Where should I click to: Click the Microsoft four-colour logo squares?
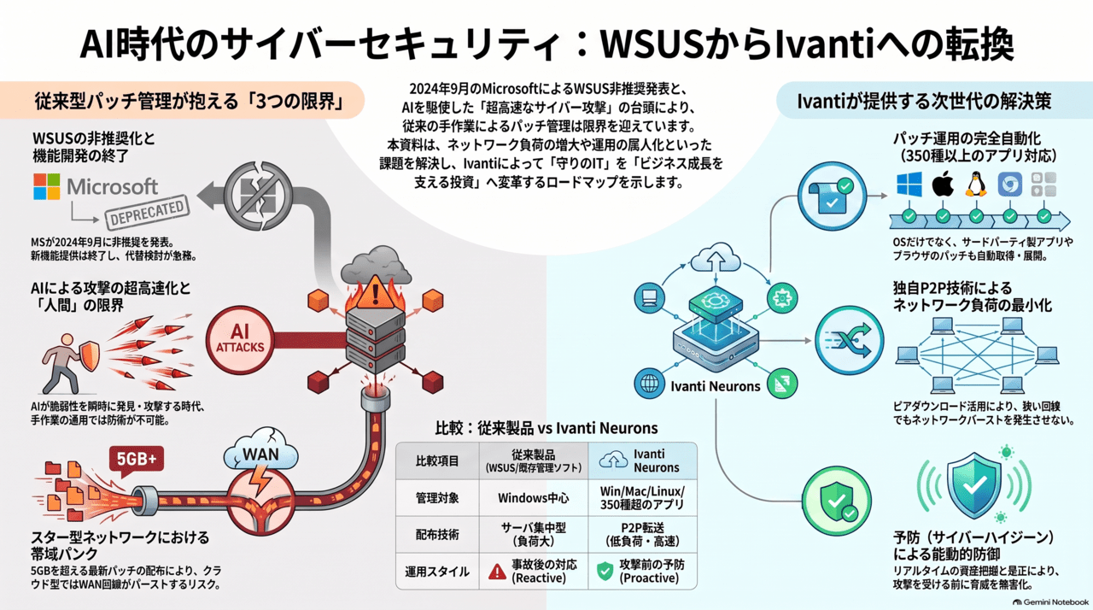tap(47, 186)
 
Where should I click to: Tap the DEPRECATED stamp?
tap(148, 213)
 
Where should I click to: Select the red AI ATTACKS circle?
tap(240, 339)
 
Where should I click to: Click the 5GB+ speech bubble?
tap(137, 460)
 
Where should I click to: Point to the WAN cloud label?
tap(260, 455)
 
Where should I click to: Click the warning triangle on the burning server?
tap(375, 293)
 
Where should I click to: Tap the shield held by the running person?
tap(89, 355)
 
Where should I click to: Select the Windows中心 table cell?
tap(534, 498)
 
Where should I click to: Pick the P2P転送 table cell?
tap(642, 534)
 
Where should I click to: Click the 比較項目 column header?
tap(437, 461)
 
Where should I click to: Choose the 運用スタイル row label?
tap(437, 572)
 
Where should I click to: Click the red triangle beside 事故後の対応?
tap(497, 572)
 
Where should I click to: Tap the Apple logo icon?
tap(943, 185)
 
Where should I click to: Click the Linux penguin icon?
tap(976, 185)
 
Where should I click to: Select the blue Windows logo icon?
tap(909, 185)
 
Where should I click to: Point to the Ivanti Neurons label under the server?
tap(716, 386)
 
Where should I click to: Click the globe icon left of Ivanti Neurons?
tap(650, 384)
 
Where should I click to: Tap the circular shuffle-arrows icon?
tap(850, 340)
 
